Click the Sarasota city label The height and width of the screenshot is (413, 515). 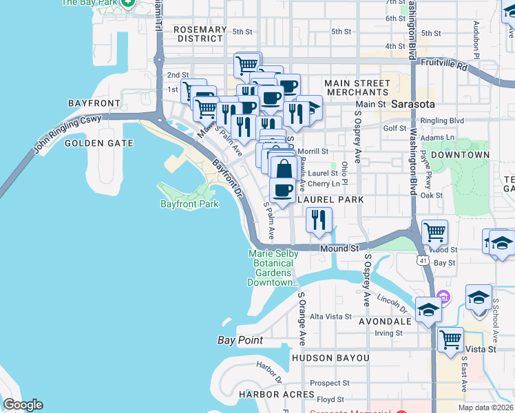click(x=413, y=105)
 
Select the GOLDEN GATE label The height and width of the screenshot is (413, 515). click(x=94, y=143)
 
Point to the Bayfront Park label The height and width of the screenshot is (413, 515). click(x=189, y=204)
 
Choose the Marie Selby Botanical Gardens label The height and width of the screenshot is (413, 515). click(x=273, y=268)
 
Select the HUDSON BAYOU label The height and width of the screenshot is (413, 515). click(x=330, y=359)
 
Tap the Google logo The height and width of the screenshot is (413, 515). click(x=23, y=405)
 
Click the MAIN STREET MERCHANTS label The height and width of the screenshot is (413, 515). click(x=358, y=87)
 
